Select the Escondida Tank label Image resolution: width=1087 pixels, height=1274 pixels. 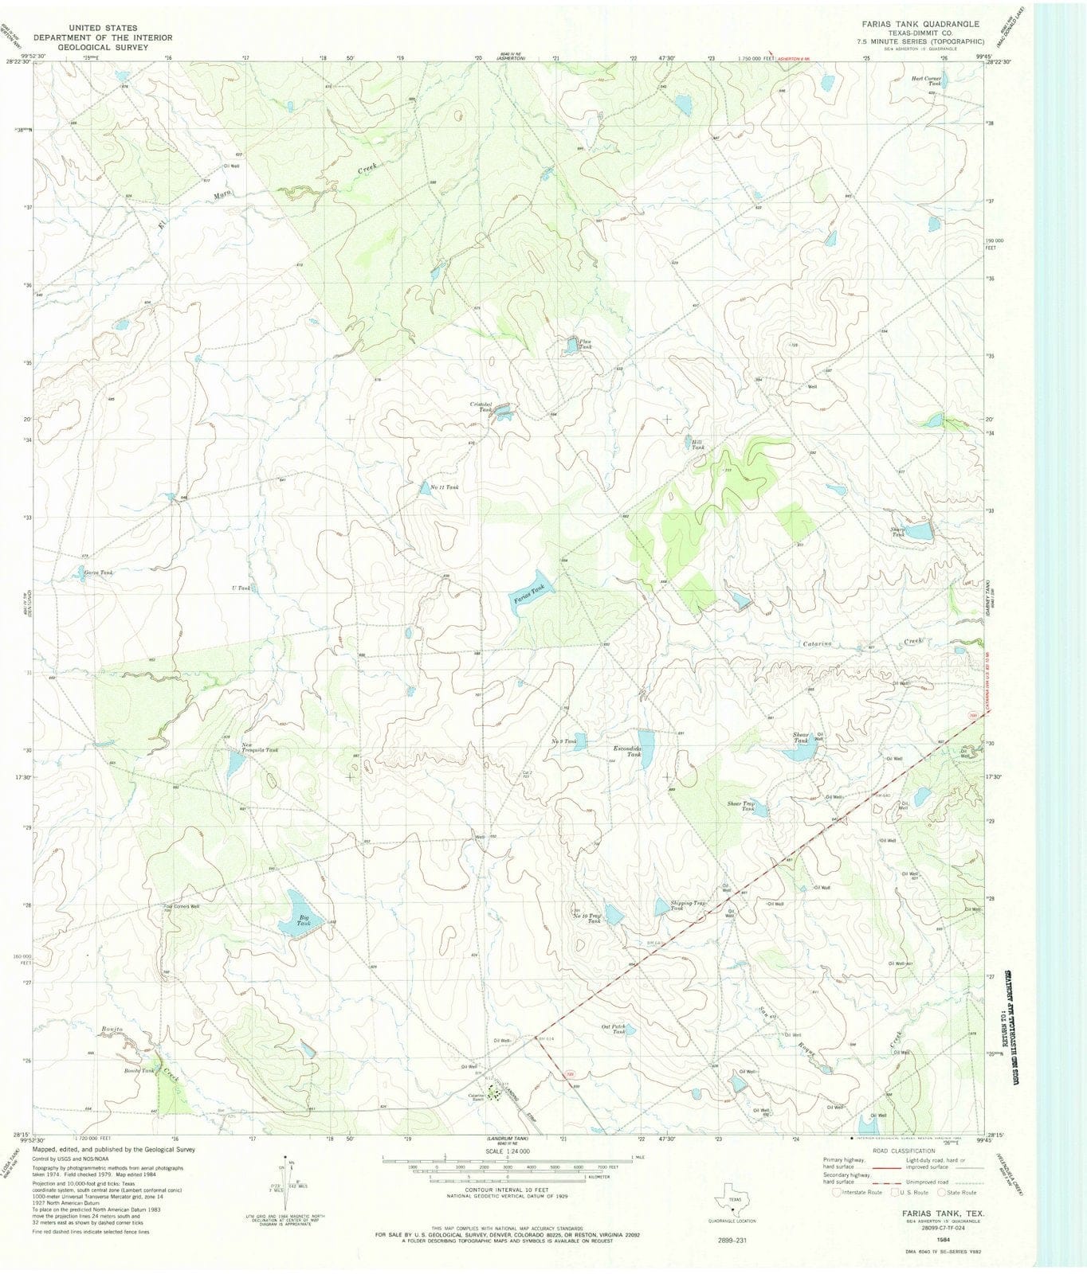(628, 751)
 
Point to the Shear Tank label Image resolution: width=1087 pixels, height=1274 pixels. (800, 737)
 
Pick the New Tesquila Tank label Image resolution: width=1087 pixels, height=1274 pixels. (260, 749)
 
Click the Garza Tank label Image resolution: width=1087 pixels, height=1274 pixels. (98, 573)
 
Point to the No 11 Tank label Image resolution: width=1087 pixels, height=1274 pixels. (444, 487)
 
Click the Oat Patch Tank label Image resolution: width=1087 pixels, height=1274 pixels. (613, 1029)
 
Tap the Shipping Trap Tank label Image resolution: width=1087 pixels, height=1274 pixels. (688, 905)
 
